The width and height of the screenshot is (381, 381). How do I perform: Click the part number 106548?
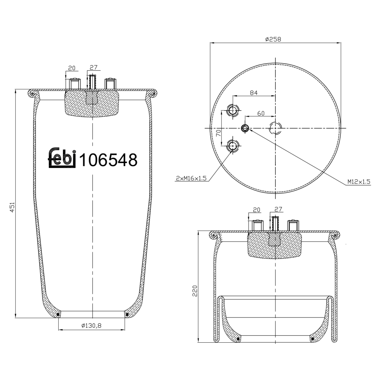click(108, 160)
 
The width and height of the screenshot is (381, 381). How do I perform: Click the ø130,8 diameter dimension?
click(91, 325)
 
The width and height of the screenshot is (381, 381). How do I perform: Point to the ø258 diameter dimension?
click(273, 39)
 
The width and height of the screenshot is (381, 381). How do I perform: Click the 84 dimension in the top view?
click(253, 93)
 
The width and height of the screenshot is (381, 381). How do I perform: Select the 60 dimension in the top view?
click(261, 113)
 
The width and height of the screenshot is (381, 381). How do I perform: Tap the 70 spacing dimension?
click(218, 133)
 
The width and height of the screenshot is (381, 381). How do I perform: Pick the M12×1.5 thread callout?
click(359, 182)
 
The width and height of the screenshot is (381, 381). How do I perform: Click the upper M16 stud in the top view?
click(232, 110)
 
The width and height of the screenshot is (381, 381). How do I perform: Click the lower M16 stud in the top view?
click(232, 146)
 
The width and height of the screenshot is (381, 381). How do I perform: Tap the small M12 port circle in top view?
click(245, 128)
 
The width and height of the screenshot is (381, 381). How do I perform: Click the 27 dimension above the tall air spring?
click(93, 67)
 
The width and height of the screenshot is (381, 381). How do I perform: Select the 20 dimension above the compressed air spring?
click(257, 210)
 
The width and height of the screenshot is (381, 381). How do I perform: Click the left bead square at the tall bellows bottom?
click(58, 315)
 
